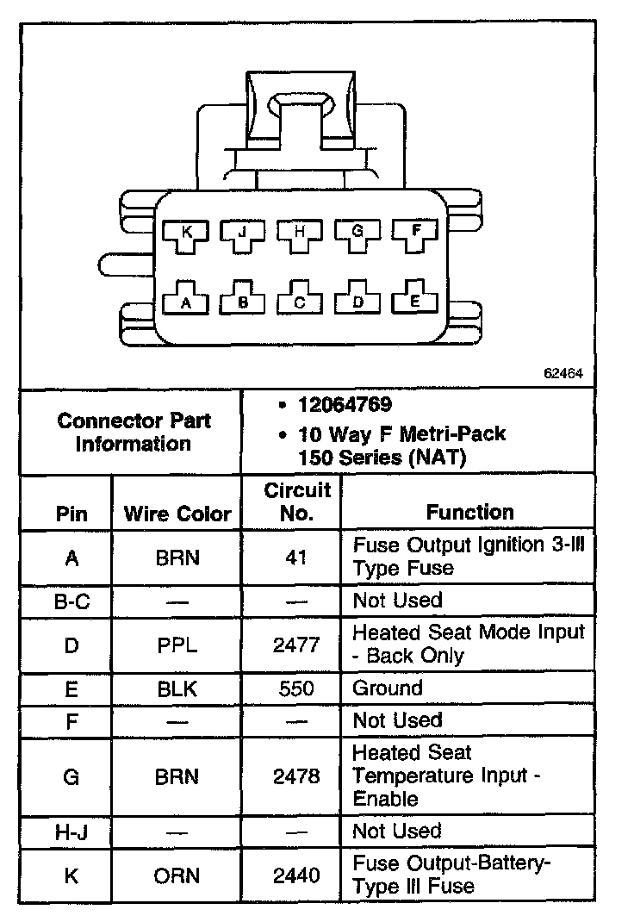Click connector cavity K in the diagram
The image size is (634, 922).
186,234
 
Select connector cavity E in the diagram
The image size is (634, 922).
415,299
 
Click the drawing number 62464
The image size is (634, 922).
563,374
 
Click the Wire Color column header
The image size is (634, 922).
177,514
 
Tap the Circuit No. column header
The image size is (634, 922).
296,502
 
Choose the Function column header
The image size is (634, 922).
469,513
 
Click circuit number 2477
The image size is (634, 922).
296,644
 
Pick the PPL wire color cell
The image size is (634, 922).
177,644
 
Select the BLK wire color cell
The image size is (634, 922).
177,688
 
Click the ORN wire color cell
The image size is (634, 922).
177,875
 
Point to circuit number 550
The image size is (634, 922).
296,688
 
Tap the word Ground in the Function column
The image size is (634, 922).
388,688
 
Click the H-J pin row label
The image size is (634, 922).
71,832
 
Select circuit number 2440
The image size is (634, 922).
296,875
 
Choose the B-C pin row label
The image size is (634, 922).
71,601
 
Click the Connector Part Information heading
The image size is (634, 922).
134,433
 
